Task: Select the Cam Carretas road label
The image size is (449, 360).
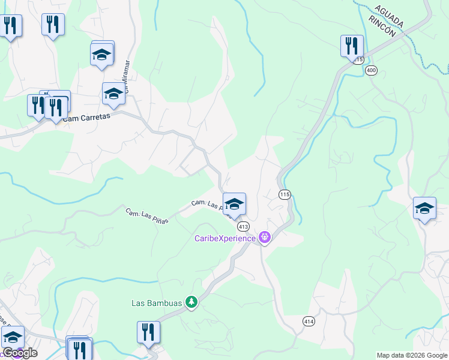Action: tap(86, 118)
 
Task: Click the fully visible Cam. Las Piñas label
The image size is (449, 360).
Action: tap(146, 216)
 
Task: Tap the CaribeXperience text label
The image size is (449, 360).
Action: tap(224, 238)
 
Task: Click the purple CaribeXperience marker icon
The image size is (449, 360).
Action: tap(264, 238)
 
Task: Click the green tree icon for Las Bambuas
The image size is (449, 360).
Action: tap(191, 302)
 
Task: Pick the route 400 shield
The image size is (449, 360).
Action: tap(372, 70)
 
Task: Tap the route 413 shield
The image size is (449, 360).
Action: tap(243, 226)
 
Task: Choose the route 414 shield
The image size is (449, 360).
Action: tap(309, 322)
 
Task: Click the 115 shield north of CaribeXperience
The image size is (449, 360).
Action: tap(285, 194)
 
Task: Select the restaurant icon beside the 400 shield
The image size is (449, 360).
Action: tap(352, 46)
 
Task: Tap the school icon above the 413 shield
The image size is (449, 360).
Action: tap(234, 203)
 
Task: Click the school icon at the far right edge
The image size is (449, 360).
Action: tap(424, 209)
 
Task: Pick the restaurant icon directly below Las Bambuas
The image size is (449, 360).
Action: tap(148, 332)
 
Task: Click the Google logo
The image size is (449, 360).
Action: tap(20, 352)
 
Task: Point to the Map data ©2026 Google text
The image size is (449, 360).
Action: tap(412, 355)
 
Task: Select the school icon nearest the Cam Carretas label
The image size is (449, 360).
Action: tap(113, 94)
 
